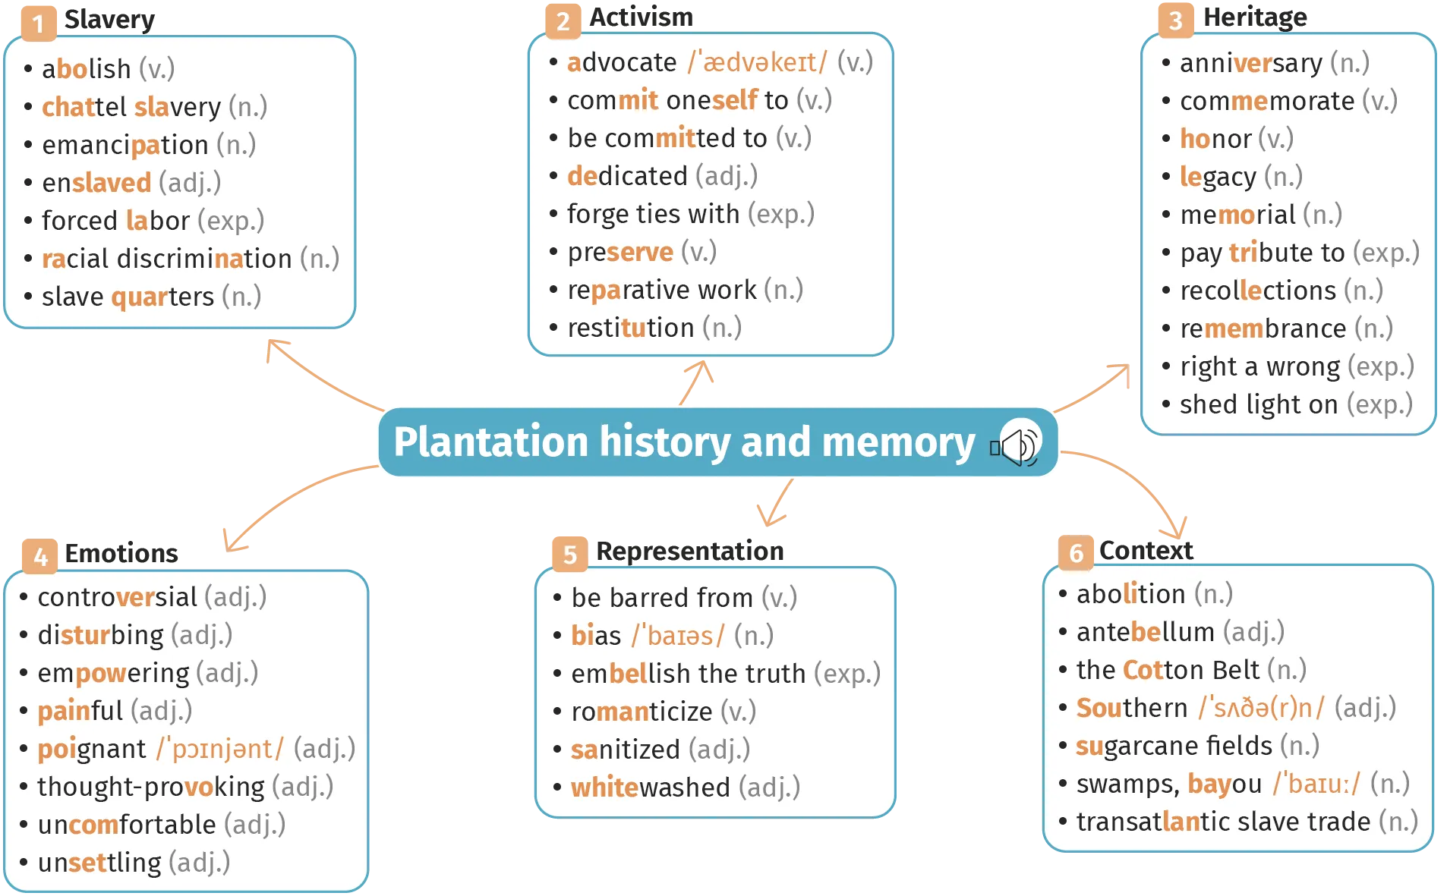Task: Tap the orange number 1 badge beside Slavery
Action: click(38, 24)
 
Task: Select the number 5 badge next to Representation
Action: click(569, 555)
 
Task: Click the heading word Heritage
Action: click(1255, 17)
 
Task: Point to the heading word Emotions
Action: click(121, 553)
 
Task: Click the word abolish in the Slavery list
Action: click(87, 69)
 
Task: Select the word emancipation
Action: click(125, 145)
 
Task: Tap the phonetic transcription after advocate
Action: click(758, 62)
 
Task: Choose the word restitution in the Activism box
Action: click(631, 328)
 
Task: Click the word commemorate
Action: click(1267, 101)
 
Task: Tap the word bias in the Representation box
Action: click(596, 636)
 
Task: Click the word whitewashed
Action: click(651, 788)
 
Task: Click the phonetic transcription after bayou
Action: click(1316, 784)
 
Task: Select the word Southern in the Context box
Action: click(1132, 708)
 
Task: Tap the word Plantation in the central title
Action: click(491, 442)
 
